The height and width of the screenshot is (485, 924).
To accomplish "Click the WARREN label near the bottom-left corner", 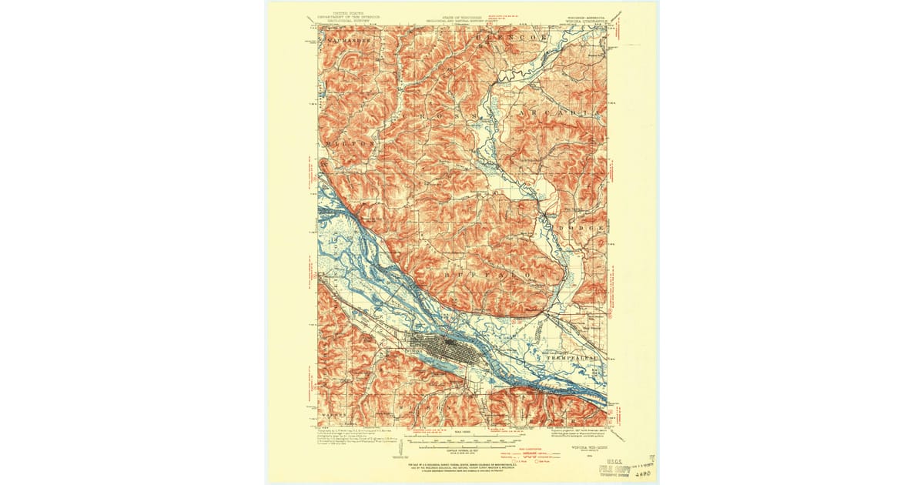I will [x=333, y=420].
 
